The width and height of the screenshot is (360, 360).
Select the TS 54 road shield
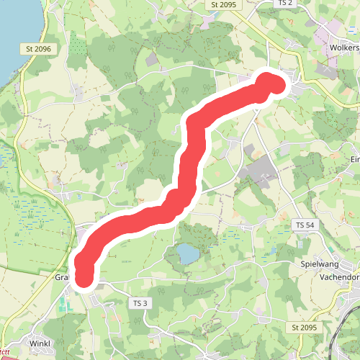coord(305,225)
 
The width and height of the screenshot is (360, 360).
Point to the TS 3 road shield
coord(140,303)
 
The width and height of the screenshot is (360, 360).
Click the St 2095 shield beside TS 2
coord(225,4)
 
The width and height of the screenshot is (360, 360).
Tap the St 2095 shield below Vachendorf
coord(305,328)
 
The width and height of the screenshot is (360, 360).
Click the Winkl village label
coord(40,343)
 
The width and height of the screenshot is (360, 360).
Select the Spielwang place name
coord(320,264)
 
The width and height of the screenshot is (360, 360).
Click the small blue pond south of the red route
coord(187,253)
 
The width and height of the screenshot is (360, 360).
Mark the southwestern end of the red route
coord(84,276)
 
